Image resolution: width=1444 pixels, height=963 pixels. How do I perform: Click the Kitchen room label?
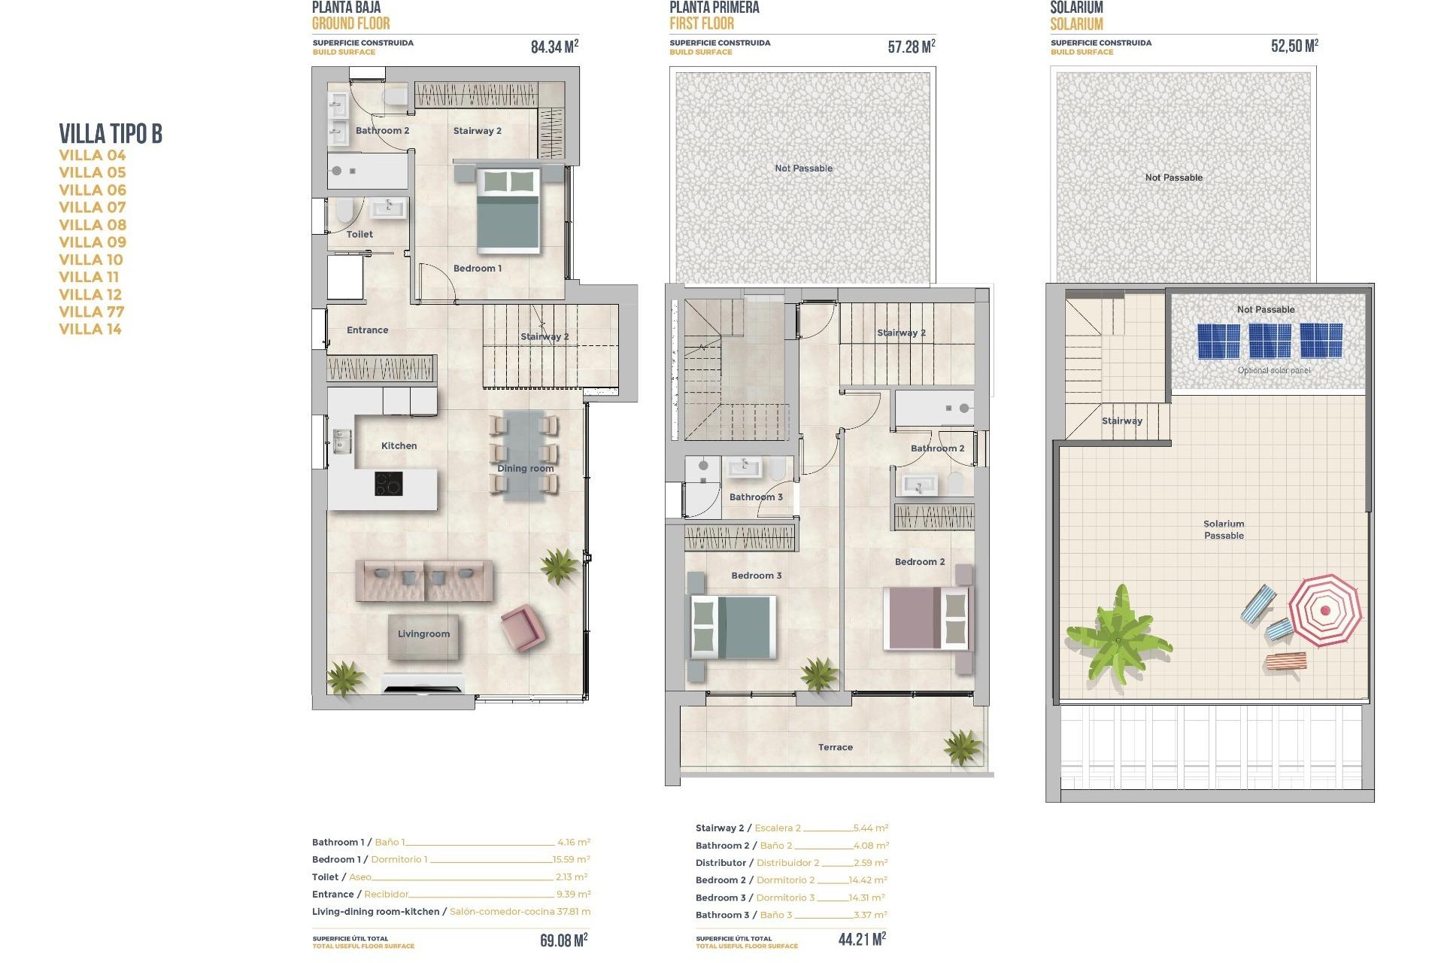[399, 446]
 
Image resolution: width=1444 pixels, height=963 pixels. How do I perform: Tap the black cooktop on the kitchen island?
[388, 484]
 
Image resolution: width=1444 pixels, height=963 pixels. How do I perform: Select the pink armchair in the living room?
[521, 627]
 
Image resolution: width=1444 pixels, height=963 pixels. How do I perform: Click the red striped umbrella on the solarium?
[1324, 610]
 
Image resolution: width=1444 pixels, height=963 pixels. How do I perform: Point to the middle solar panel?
[1270, 341]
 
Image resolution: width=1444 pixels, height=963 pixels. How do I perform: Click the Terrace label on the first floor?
[835, 748]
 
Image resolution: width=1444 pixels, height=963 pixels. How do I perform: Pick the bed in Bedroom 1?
[509, 209]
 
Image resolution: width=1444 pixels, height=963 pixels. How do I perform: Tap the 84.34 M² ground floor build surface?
[554, 47]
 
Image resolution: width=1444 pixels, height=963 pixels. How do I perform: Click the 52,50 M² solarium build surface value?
[1294, 46]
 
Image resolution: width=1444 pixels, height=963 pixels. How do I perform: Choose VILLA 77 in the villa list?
[92, 312]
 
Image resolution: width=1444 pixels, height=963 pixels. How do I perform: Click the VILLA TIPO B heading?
[111, 134]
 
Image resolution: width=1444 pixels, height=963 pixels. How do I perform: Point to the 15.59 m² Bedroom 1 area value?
[572, 859]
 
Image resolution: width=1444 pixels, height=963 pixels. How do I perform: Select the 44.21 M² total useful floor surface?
[862, 939]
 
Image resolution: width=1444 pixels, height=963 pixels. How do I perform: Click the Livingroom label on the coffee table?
[423, 634]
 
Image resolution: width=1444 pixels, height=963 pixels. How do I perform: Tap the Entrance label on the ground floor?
[367, 330]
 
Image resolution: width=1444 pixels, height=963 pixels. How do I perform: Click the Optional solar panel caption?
[1273, 370]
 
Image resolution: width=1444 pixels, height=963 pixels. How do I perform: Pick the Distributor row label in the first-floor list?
[720, 863]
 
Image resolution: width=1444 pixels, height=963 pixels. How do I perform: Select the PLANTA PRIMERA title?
[714, 8]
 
